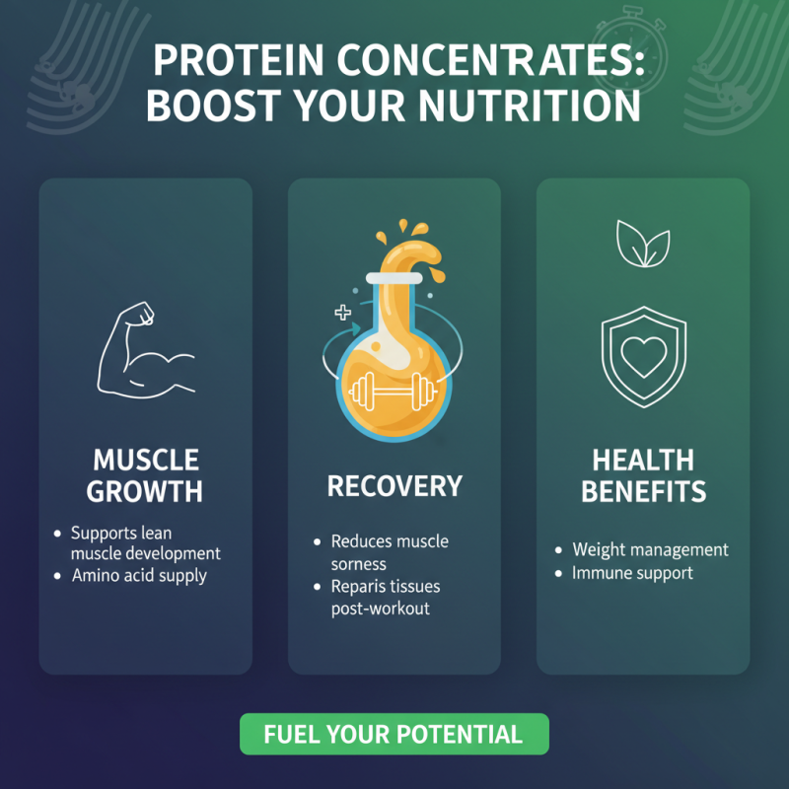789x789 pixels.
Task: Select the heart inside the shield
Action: pyautogui.click(x=642, y=358)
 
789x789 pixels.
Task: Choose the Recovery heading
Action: pyautogui.click(x=394, y=485)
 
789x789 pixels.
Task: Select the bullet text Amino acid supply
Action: pyautogui.click(x=139, y=575)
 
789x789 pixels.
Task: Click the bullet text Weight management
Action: pyautogui.click(x=650, y=549)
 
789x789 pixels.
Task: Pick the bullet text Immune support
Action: pyautogui.click(x=632, y=572)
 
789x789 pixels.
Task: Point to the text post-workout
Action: pyautogui.click(x=380, y=609)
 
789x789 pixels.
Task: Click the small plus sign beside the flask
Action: pyautogui.click(x=343, y=313)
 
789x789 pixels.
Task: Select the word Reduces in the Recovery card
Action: pyautogui.click(x=361, y=541)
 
